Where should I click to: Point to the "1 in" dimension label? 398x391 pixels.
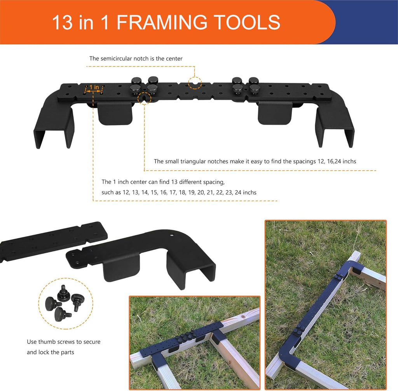[x=94, y=87]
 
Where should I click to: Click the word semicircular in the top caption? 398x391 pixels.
[x=116, y=59]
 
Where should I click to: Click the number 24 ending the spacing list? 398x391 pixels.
[x=238, y=193]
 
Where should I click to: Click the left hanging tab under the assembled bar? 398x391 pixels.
[x=115, y=113]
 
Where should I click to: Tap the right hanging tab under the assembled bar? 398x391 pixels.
[x=275, y=113]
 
